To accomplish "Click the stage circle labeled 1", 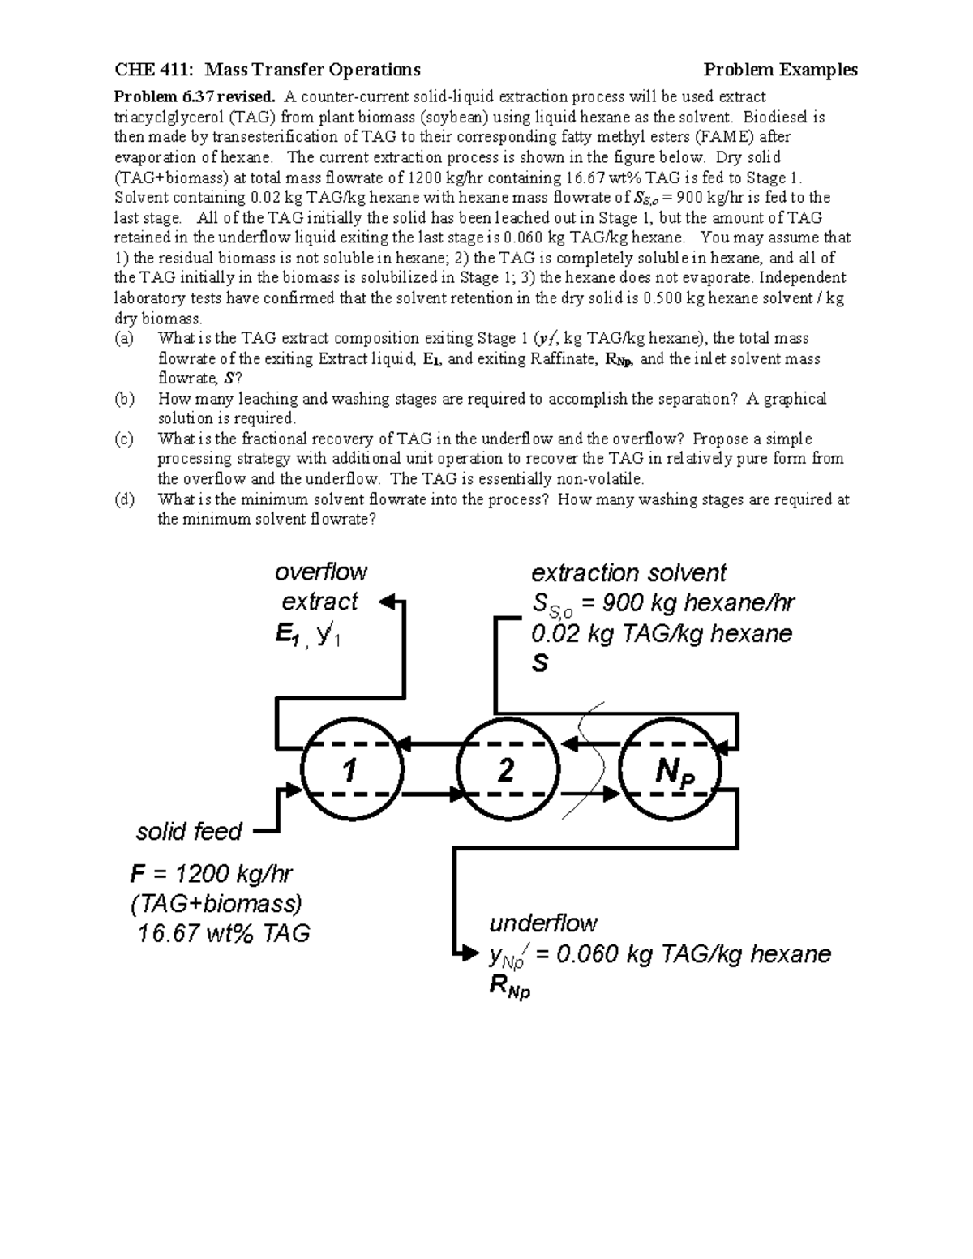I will point(351,769).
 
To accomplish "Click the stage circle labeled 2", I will point(508,769).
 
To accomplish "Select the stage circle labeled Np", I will point(671,769).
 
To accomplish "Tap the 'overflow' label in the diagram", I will point(321,572).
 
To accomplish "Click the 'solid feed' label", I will point(189,832).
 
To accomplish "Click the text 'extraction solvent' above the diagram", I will point(628,573).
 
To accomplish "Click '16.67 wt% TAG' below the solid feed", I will point(224,934).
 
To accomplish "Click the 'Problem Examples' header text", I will point(780,70).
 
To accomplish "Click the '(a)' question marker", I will point(124,338).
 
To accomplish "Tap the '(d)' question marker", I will point(124,499).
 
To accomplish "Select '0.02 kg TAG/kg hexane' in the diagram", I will point(661,633).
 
